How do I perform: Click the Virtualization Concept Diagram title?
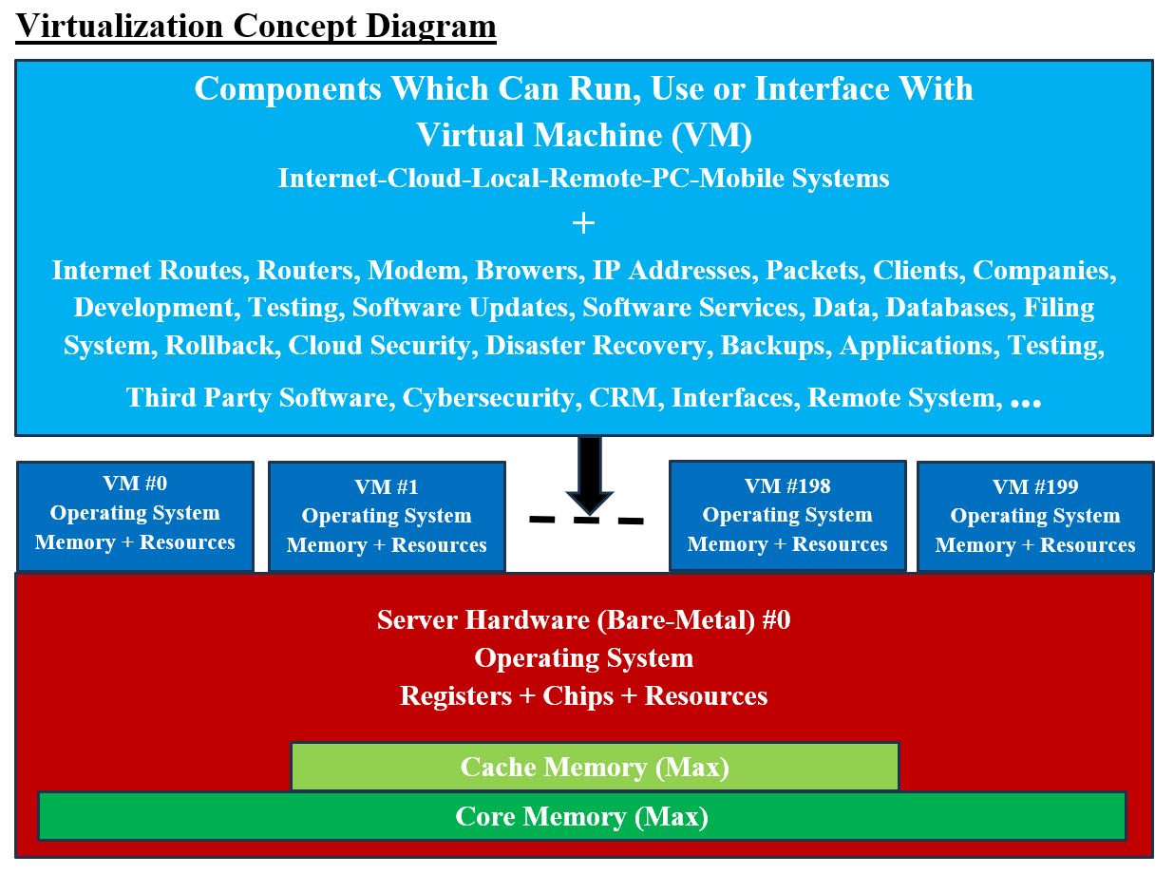[256, 26]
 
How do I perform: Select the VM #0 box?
[135, 516]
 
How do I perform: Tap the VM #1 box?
[387, 517]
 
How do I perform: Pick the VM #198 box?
[787, 516]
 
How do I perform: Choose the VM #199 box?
[1035, 517]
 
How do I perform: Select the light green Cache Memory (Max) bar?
[595, 767]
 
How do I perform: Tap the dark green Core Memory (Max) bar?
[581, 816]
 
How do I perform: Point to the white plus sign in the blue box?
[583, 223]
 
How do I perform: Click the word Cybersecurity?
[489, 397]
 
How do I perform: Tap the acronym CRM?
[623, 397]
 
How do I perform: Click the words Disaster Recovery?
[596, 346]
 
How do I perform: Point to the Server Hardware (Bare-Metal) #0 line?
[583, 620]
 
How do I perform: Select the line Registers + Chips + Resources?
[583, 695]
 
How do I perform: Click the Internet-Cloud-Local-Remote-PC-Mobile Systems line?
[583, 179]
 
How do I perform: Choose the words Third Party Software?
[259, 397]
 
